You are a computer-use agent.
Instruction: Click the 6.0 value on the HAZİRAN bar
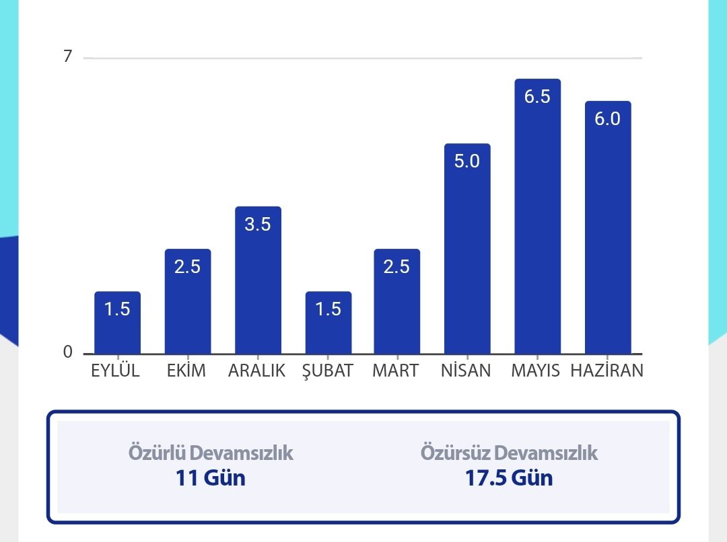point(607,119)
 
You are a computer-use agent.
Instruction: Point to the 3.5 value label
point(258,225)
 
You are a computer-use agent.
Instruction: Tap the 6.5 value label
point(537,97)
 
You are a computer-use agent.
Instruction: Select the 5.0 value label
point(467,161)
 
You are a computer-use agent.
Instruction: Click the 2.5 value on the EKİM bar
point(187,267)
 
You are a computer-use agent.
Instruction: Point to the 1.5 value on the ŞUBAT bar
point(328,309)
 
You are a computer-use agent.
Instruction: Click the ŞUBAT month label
point(328,371)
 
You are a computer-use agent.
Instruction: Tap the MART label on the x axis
point(395,371)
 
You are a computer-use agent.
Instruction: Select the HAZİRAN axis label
point(607,371)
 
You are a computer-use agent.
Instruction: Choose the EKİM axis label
point(186,371)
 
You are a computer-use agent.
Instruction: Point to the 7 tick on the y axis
point(67,57)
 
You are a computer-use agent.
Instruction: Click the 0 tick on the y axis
point(67,352)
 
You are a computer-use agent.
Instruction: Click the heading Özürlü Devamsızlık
point(211,453)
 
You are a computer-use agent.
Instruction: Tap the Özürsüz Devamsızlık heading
point(509,453)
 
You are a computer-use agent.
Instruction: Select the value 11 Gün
point(211,478)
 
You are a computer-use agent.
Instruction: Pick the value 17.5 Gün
point(509,478)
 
